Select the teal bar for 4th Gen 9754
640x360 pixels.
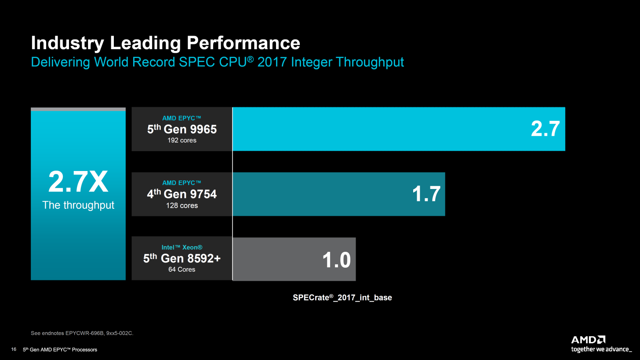[x=321, y=194]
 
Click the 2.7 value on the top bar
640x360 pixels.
[x=545, y=129]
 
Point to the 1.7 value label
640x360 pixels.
[x=426, y=194]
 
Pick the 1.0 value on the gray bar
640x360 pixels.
[x=336, y=259]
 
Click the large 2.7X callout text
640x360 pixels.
[x=78, y=182]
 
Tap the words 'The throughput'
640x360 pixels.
[x=78, y=205]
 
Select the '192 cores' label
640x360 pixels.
[x=182, y=141]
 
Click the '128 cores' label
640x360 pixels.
[x=182, y=205]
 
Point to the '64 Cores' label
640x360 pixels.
[x=182, y=269]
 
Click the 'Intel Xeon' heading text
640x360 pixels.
[x=182, y=247]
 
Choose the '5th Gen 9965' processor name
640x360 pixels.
[x=182, y=129]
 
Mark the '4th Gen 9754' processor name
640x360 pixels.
[x=182, y=194]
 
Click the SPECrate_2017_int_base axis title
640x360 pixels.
[x=342, y=298]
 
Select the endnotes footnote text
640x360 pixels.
[x=82, y=333]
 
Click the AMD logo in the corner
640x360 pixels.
[x=588, y=340]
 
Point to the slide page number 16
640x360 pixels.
[x=14, y=349]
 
